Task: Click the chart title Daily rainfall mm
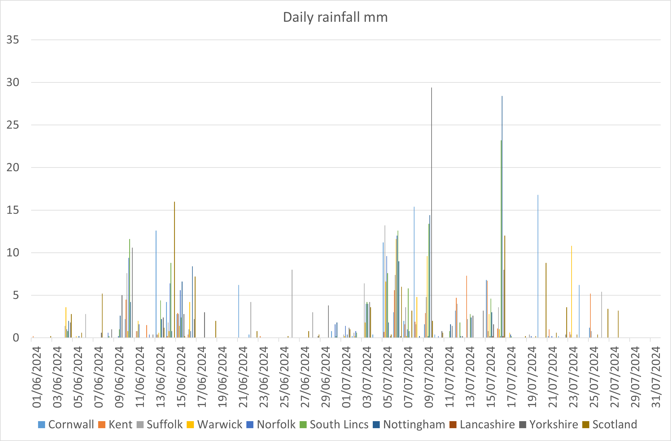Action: tap(335, 17)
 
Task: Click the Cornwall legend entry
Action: tap(66, 424)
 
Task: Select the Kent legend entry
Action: tap(115, 424)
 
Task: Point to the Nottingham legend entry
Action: tap(409, 424)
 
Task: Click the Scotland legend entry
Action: tap(610, 424)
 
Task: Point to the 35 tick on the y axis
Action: tap(13, 40)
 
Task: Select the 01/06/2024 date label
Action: tap(37, 377)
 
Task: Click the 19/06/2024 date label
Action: tap(223, 377)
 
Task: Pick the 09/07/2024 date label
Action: tap(429, 377)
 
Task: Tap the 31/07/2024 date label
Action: tap(656, 377)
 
